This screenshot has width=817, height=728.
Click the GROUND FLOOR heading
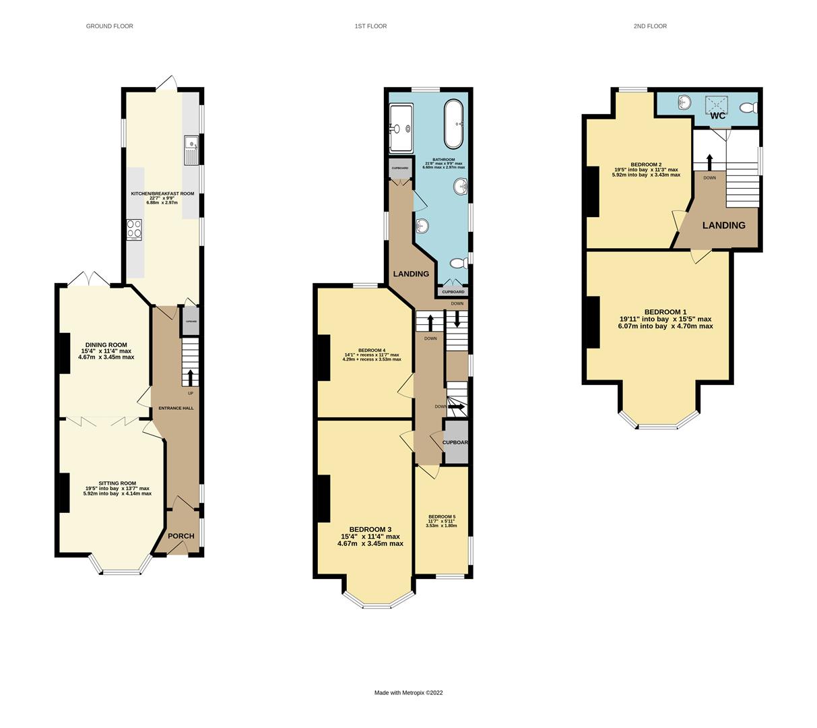[109, 26]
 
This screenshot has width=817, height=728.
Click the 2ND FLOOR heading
[649, 26]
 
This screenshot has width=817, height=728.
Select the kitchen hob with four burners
[134, 230]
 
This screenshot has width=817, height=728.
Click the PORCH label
[181, 537]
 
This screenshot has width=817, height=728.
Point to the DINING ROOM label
[106, 345]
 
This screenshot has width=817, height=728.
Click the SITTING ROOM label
[117, 483]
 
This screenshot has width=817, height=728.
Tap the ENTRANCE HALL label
[176, 408]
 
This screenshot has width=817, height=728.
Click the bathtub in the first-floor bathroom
[453, 124]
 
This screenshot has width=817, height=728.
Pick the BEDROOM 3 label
[370, 530]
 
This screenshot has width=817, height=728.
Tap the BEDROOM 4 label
[371, 351]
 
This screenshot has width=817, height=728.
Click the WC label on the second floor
[718, 116]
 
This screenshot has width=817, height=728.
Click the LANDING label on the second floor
[723, 226]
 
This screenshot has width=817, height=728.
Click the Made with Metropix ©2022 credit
[408, 693]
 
